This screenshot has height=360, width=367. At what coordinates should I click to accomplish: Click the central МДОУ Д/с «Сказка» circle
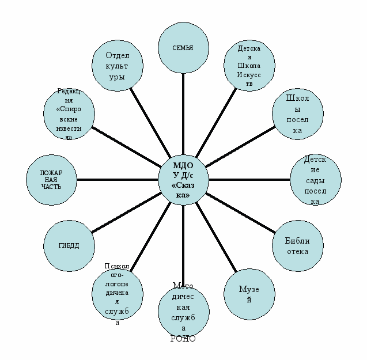pos(183,180)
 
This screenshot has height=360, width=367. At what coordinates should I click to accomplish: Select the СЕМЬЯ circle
pos(183,48)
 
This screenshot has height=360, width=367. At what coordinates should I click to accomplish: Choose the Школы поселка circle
pos(297,114)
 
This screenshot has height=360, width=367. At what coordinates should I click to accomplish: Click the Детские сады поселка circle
pos(315,180)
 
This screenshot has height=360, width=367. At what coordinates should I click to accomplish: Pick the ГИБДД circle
pos(69,245)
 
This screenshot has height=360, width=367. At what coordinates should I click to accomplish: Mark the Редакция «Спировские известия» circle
pos(69,114)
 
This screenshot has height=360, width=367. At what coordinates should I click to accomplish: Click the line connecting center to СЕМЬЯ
pos(183,115)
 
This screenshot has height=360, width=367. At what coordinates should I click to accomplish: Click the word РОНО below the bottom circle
pos(183,339)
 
